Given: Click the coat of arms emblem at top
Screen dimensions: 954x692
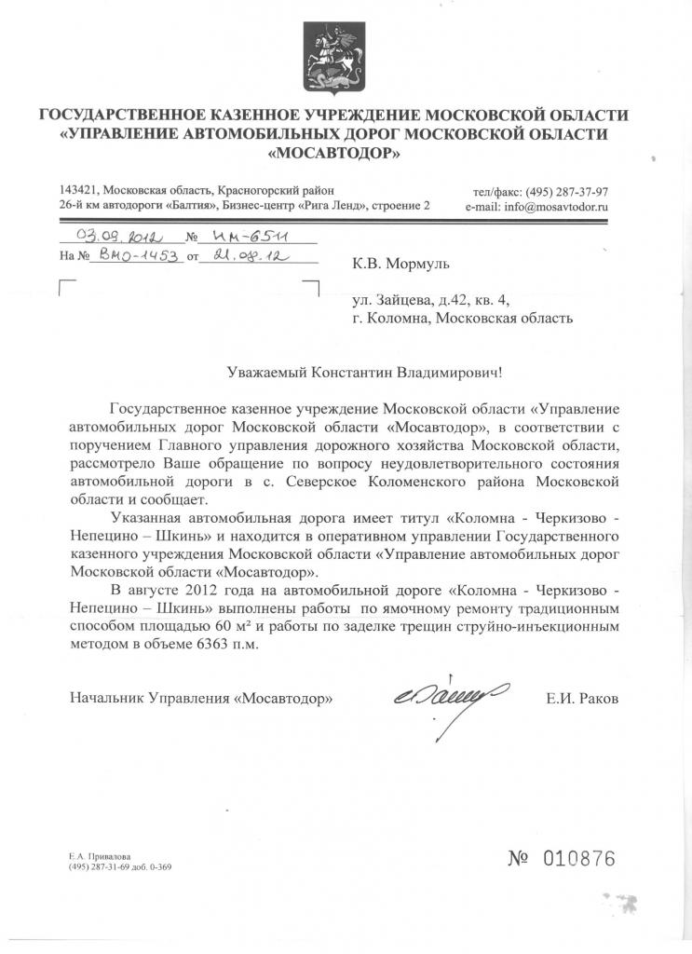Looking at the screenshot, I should tap(331, 55).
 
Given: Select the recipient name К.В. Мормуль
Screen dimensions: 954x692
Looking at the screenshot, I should tap(400, 264).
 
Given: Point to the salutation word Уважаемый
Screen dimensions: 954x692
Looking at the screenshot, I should tap(267, 373).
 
